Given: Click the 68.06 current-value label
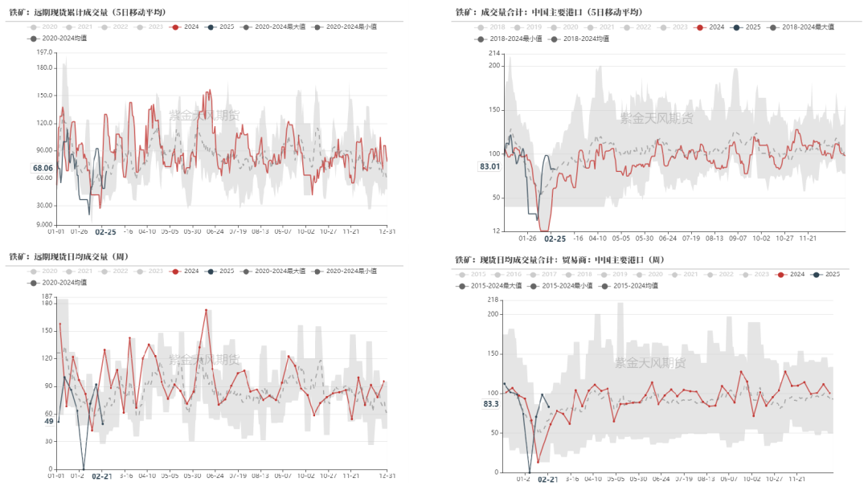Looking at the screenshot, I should tap(43, 168).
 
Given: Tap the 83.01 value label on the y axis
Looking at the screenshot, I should tap(489, 166).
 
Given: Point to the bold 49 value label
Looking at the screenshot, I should tap(48, 421).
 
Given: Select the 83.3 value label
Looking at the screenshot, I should tap(490, 403).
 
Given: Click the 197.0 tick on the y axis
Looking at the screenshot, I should tap(43, 52).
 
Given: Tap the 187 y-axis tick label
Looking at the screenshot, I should tap(47, 296).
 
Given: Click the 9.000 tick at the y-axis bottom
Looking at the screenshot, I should tap(43, 225).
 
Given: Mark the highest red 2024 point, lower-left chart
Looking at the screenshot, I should tap(206, 310).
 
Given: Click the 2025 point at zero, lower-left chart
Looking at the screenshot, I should tap(84, 469).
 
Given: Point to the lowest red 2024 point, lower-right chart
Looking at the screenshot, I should tap(538, 462).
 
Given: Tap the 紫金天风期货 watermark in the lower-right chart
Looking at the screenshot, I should tap(650, 363).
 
